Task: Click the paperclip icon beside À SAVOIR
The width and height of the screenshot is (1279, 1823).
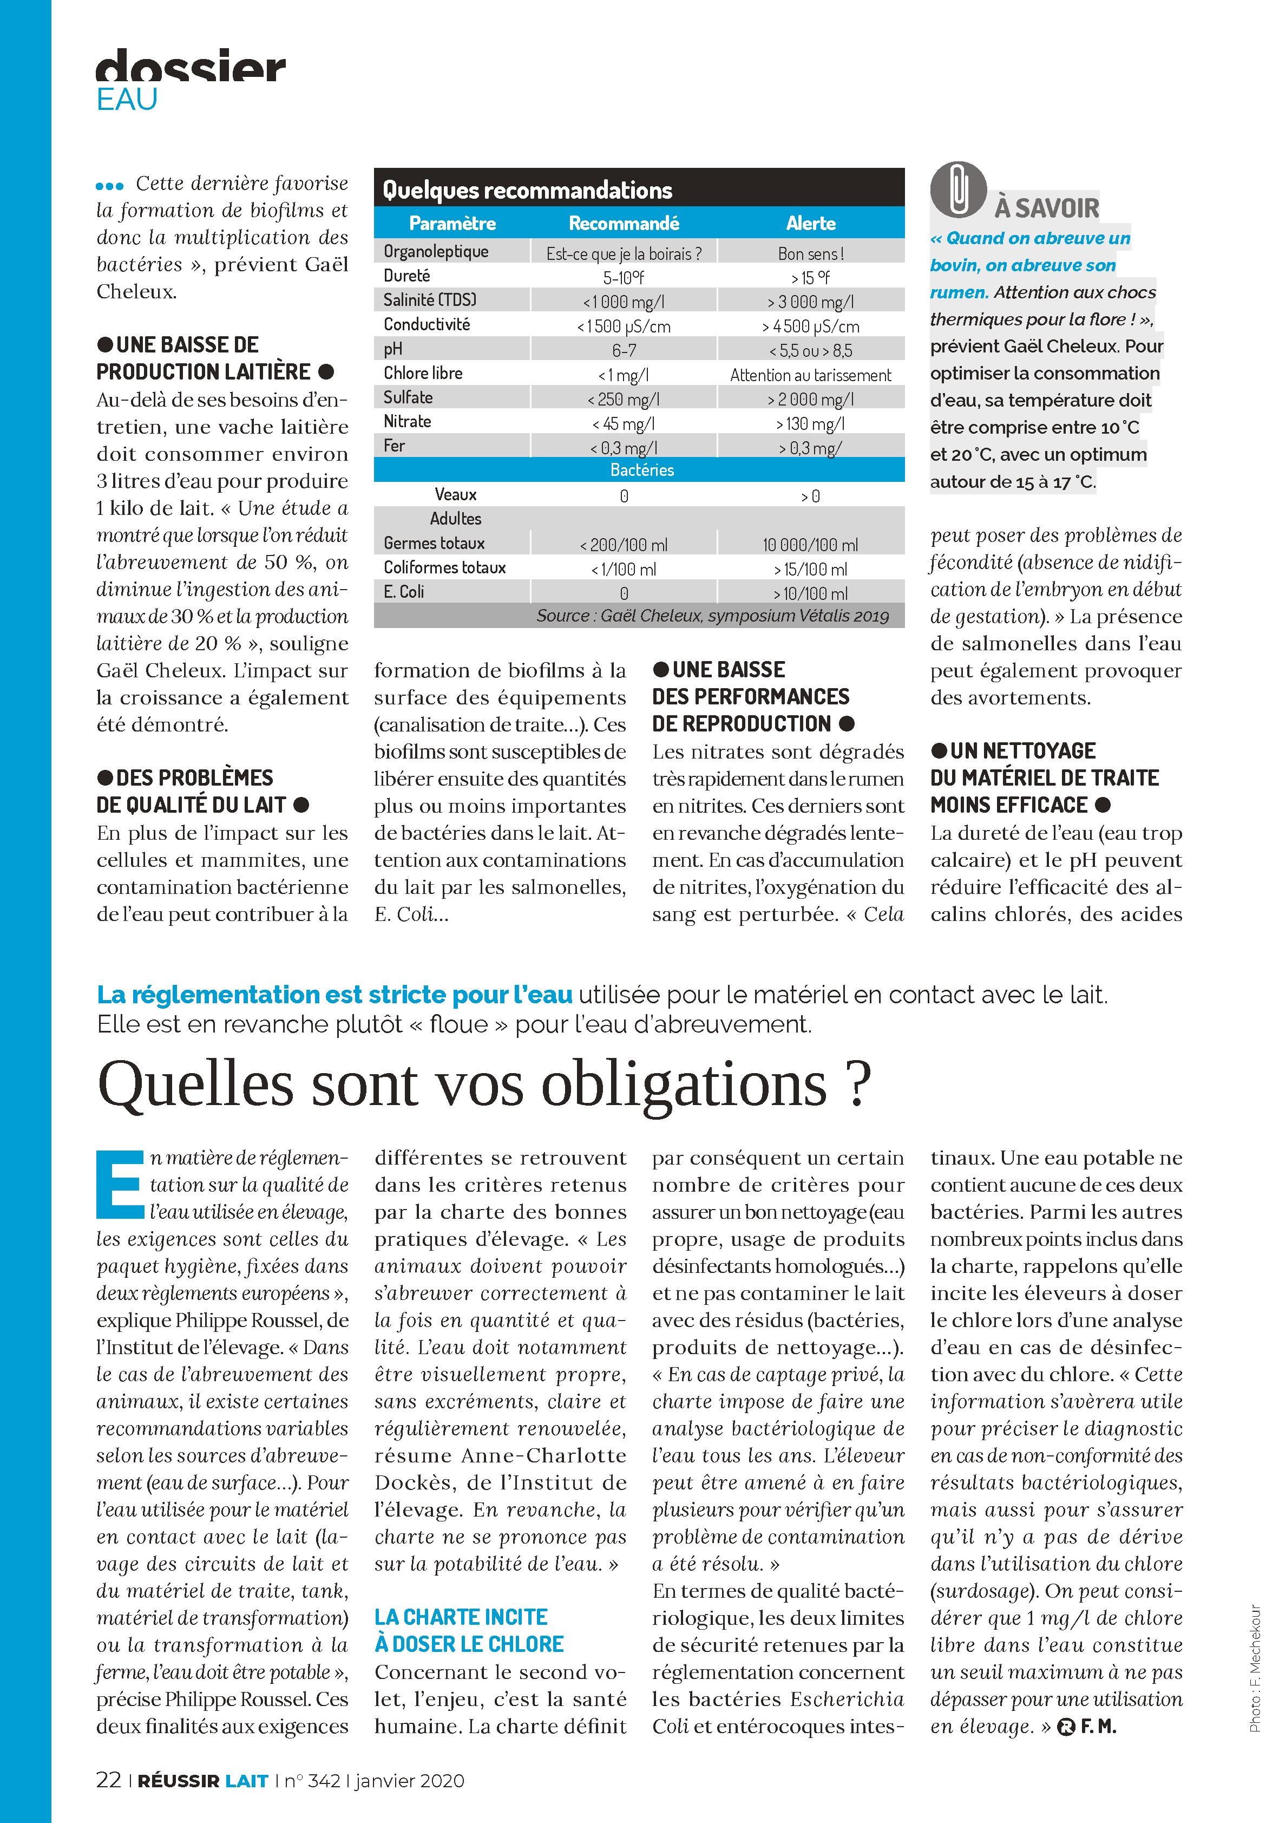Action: point(958,191)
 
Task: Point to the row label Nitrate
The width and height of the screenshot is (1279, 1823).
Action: point(407,422)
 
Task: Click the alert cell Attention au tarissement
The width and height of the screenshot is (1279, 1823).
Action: point(811,375)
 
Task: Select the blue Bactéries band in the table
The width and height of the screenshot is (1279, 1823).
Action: point(641,470)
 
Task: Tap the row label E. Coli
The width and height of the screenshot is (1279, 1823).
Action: point(404,592)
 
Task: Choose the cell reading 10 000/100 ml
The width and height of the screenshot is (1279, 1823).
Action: point(811,545)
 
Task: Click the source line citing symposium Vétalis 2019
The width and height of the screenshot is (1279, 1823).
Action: point(712,616)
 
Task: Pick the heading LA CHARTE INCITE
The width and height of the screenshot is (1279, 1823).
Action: point(461,1617)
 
